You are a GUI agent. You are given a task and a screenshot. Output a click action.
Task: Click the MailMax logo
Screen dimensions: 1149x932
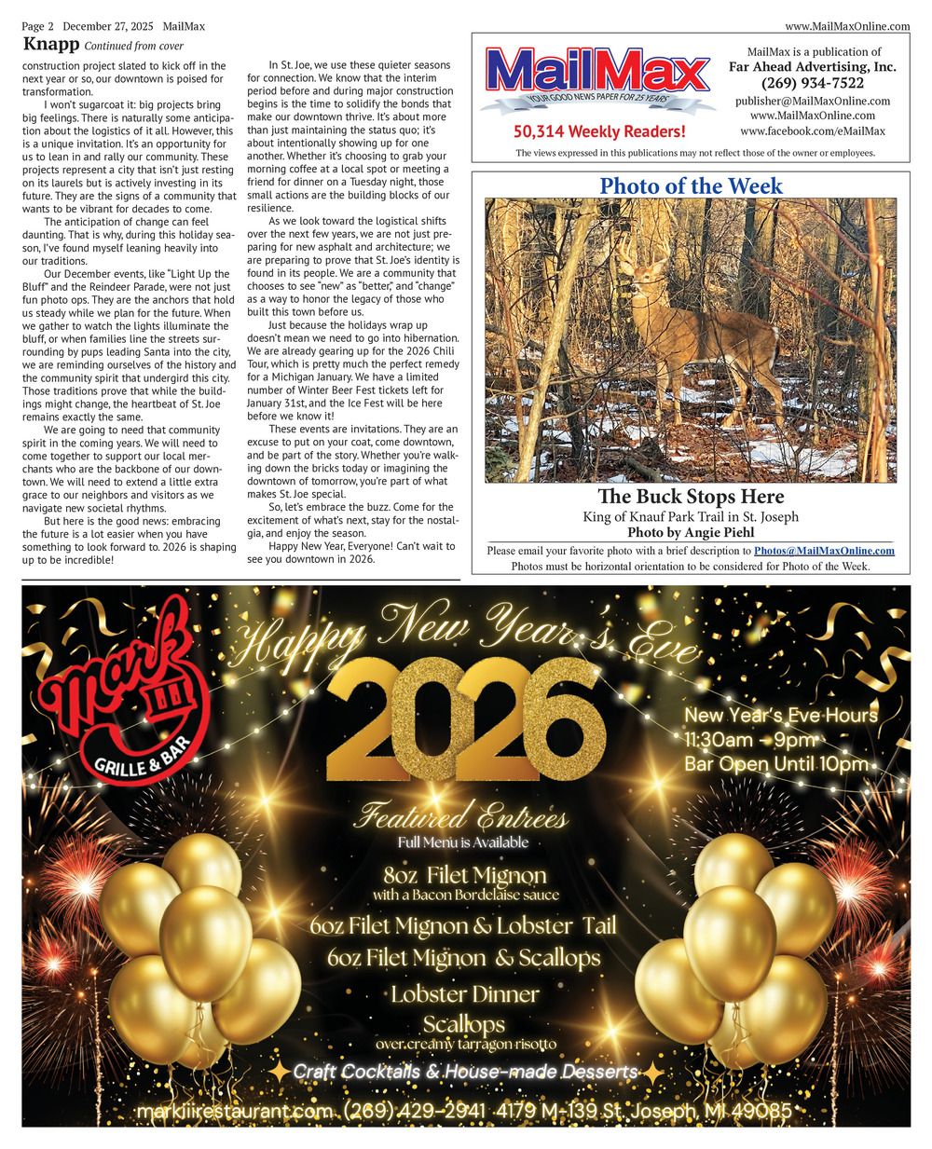(596, 76)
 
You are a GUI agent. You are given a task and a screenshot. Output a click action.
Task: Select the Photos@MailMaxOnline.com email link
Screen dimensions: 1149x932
(824, 551)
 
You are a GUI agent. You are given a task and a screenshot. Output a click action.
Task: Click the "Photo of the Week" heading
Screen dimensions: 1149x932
(691, 185)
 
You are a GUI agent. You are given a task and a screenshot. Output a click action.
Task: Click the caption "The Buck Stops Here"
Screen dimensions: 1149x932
(691, 497)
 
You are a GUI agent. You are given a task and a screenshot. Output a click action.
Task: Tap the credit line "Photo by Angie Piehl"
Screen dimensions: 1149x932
(691, 533)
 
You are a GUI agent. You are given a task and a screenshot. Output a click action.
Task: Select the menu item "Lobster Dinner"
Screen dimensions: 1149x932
(464, 993)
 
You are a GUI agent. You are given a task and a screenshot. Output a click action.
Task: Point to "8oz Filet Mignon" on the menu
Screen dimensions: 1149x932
(464, 875)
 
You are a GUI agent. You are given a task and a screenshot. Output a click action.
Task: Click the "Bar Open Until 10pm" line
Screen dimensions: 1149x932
(776, 764)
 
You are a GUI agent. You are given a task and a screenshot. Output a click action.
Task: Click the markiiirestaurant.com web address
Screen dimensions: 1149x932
(234, 1112)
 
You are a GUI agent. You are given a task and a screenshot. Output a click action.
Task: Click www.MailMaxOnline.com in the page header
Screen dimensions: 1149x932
(847, 27)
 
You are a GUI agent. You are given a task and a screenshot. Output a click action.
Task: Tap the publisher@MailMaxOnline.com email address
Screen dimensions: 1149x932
(812, 101)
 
